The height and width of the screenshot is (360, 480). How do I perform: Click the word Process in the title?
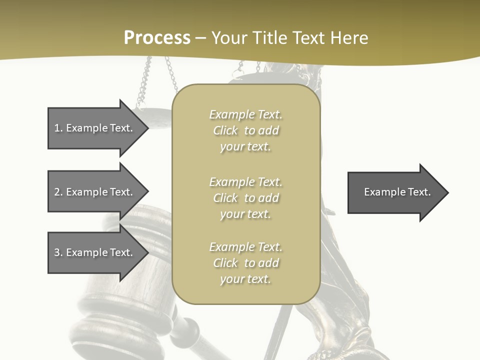(157, 38)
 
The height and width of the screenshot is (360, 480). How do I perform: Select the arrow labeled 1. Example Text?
(95, 128)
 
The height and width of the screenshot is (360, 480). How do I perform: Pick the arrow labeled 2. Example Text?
(95, 192)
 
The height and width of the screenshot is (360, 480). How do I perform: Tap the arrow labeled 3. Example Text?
(95, 252)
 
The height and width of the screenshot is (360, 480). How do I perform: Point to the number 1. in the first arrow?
(58, 128)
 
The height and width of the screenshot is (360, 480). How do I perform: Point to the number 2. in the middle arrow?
(58, 192)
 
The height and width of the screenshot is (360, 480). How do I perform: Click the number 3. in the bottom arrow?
(58, 252)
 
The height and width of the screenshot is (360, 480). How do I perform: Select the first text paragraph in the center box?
(245, 130)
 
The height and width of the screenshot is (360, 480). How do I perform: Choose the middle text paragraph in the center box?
(245, 198)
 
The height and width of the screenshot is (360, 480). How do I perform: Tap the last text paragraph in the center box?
(245, 263)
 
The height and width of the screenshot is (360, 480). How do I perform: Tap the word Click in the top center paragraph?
(225, 130)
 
